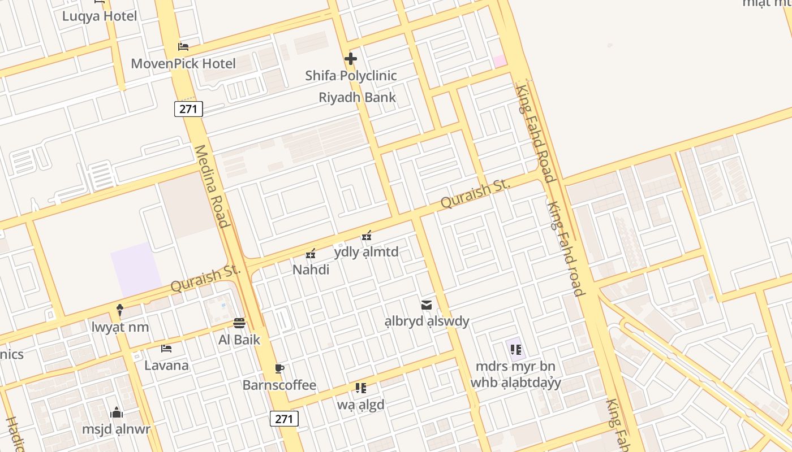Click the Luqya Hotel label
point(100,16)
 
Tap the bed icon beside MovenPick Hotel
point(183,46)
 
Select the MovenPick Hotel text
point(183,63)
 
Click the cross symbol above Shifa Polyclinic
point(351,58)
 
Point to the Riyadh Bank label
point(357,97)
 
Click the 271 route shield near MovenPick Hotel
point(188,109)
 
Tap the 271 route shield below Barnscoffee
point(284,419)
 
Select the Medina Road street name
point(211,186)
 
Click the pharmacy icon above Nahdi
point(311,254)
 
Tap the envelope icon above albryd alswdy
point(427,305)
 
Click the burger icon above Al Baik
point(239,323)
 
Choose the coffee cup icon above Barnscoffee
point(279,369)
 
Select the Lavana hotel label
point(166,365)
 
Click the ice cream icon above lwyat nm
point(120,310)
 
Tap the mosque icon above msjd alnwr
point(117,412)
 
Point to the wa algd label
point(360,405)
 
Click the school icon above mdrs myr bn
point(515,349)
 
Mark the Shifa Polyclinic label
point(351,75)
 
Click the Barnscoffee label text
point(279,385)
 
